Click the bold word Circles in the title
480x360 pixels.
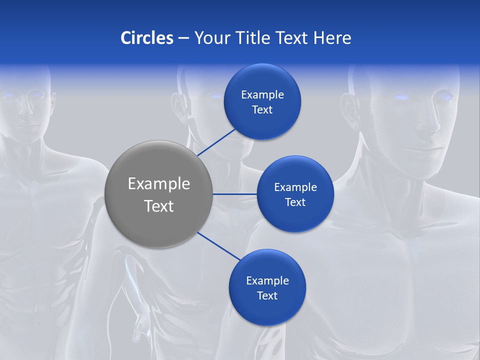coord(146,38)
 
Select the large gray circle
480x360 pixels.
coord(158,194)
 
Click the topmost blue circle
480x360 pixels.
coord(262,101)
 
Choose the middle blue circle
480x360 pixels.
coord(295,194)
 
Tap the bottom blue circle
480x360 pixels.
coord(267,287)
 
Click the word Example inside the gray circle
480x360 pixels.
coord(158,184)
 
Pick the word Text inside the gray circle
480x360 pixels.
coord(158,206)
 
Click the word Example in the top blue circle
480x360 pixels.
coord(262,94)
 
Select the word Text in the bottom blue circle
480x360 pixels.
coord(267,295)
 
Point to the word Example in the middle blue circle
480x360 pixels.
coord(295,187)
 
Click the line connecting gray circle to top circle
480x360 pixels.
coord(217,141)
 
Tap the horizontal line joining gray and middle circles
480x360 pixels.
coord(234,194)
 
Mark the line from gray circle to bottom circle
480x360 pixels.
coord(219,246)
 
